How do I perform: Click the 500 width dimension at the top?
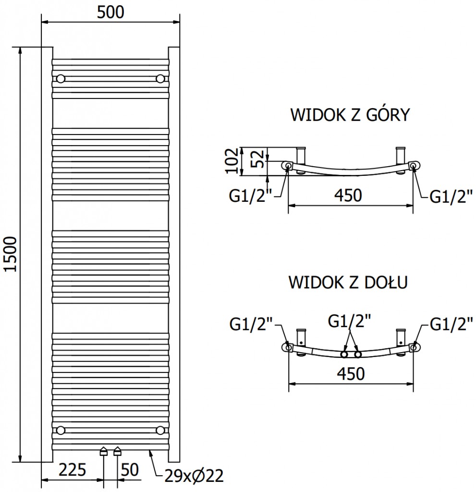click(110, 12)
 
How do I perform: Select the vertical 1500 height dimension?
click(11, 254)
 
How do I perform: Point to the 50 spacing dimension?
click(129, 469)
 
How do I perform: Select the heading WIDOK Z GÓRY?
click(349, 115)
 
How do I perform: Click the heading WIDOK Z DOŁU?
click(348, 282)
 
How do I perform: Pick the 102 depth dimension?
click(232, 160)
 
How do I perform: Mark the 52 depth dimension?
click(257, 159)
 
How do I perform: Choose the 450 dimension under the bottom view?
click(348, 373)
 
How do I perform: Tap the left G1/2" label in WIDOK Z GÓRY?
click(251, 196)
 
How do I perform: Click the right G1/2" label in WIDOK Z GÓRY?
click(451, 196)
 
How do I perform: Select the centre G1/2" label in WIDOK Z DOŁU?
click(349, 320)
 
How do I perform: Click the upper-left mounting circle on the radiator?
click(61, 79)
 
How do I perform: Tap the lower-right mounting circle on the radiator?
click(160, 429)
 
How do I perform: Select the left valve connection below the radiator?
click(104, 451)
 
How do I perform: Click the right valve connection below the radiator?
click(118, 451)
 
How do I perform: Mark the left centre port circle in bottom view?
click(344, 355)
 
